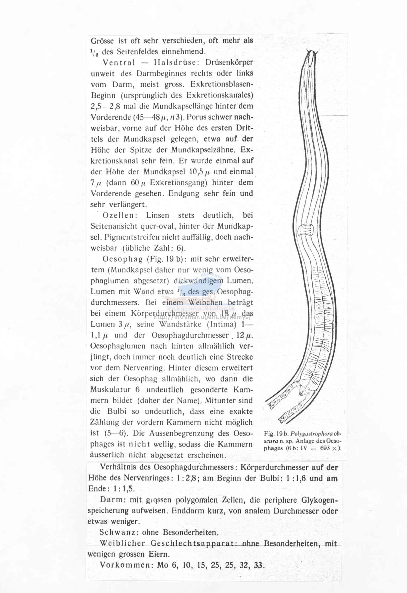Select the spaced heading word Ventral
click(x=119, y=62)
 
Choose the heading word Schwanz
click(x=119, y=532)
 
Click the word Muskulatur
click(x=110, y=390)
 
